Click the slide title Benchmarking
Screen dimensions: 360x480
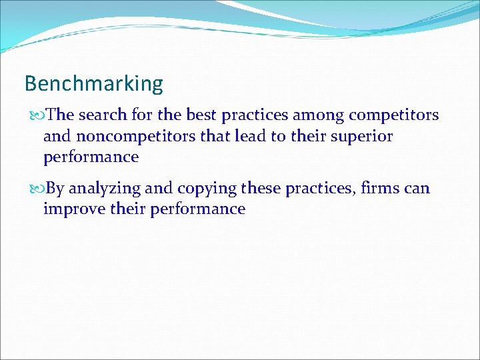point(93,84)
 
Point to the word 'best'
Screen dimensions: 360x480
point(201,115)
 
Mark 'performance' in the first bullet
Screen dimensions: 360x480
point(91,157)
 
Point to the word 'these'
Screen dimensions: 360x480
point(261,189)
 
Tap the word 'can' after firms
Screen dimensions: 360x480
point(417,189)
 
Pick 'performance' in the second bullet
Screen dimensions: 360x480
point(198,209)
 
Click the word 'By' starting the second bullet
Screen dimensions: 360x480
point(56,189)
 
